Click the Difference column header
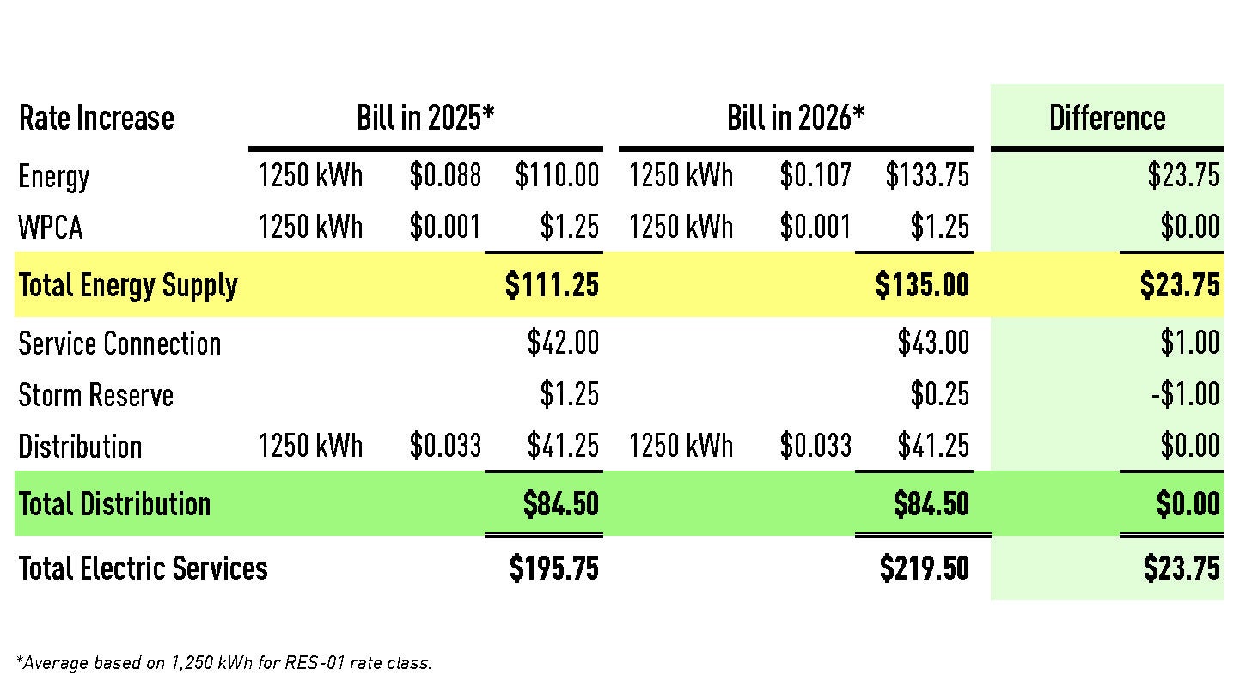click(x=1107, y=118)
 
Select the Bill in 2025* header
click(x=425, y=118)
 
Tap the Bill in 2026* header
click(x=795, y=118)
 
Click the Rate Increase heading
click(x=96, y=118)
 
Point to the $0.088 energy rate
click(x=445, y=175)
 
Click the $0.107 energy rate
click(x=815, y=175)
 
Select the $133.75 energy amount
click(x=927, y=175)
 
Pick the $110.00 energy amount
click(x=557, y=175)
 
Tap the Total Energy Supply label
click(x=128, y=285)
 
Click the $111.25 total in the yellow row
click(x=552, y=285)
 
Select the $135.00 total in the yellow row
click(x=922, y=285)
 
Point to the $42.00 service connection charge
click(x=563, y=343)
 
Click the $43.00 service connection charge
click(x=933, y=343)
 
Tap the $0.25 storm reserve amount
click(x=939, y=394)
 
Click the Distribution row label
click(x=80, y=447)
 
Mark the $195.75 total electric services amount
click(x=553, y=568)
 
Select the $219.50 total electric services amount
click(x=924, y=568)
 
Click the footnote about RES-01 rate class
click(x=223, y=662)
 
